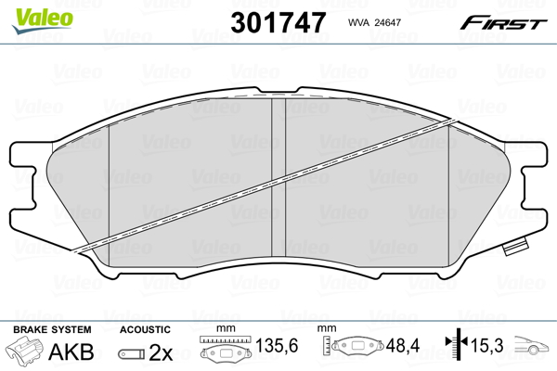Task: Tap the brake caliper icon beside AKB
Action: [24, 352]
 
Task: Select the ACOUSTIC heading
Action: [145, 329]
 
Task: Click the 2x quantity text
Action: [162, 352]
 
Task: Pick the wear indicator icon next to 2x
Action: [132, 353]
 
